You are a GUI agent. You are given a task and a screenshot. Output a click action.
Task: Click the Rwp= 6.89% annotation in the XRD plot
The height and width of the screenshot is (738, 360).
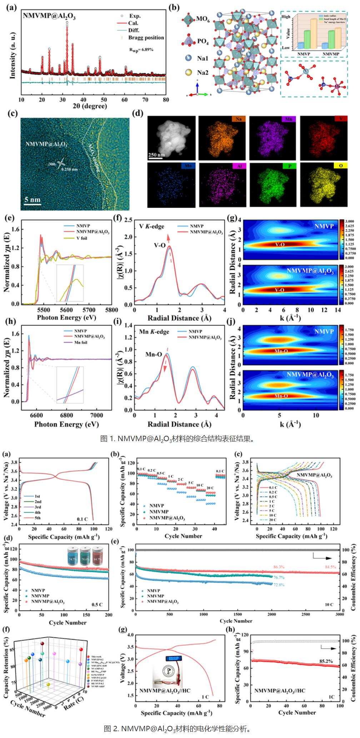tap(141, 50)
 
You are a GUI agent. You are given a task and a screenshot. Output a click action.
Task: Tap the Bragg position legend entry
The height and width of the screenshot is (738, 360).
tap(146, 38)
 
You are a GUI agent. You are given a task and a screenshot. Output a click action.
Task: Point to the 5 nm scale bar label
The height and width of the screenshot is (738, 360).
tap(32, 199)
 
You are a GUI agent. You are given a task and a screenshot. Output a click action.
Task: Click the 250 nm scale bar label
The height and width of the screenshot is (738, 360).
tap(156, 155)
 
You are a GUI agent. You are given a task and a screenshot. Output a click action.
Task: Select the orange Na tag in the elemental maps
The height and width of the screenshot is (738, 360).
tap(239, 119)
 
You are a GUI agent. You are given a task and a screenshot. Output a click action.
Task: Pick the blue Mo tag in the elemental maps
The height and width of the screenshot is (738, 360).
tap(188, 166)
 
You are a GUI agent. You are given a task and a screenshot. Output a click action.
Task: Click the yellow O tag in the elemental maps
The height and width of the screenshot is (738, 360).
tap(340, 166)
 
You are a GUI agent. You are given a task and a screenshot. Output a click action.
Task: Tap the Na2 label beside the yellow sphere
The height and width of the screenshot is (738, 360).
tap(202, 73)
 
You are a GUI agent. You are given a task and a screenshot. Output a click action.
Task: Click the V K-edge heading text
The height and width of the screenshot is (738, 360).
tap(151, 226)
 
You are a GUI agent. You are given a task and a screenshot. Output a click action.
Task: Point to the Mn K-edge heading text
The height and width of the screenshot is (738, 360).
tap(154, 331)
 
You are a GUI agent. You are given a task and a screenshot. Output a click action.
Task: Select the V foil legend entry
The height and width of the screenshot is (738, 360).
tap(81, 238)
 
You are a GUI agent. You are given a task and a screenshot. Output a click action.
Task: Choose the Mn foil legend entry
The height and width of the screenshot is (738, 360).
tap(80, 342)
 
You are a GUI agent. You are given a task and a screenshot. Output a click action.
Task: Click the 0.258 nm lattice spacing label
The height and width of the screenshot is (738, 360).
tap(69, 169)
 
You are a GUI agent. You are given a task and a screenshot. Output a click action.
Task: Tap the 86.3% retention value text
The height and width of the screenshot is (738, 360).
tap(279, 567)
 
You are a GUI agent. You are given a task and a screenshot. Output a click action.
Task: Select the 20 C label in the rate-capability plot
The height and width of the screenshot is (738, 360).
tap(210, 488)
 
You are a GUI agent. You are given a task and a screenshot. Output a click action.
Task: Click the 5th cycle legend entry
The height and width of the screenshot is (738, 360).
tap(37, 518)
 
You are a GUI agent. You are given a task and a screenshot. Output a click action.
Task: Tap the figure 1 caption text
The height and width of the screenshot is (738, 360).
tap(177, 439)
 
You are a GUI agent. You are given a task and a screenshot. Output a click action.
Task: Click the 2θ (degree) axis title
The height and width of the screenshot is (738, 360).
tap(90, 106)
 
